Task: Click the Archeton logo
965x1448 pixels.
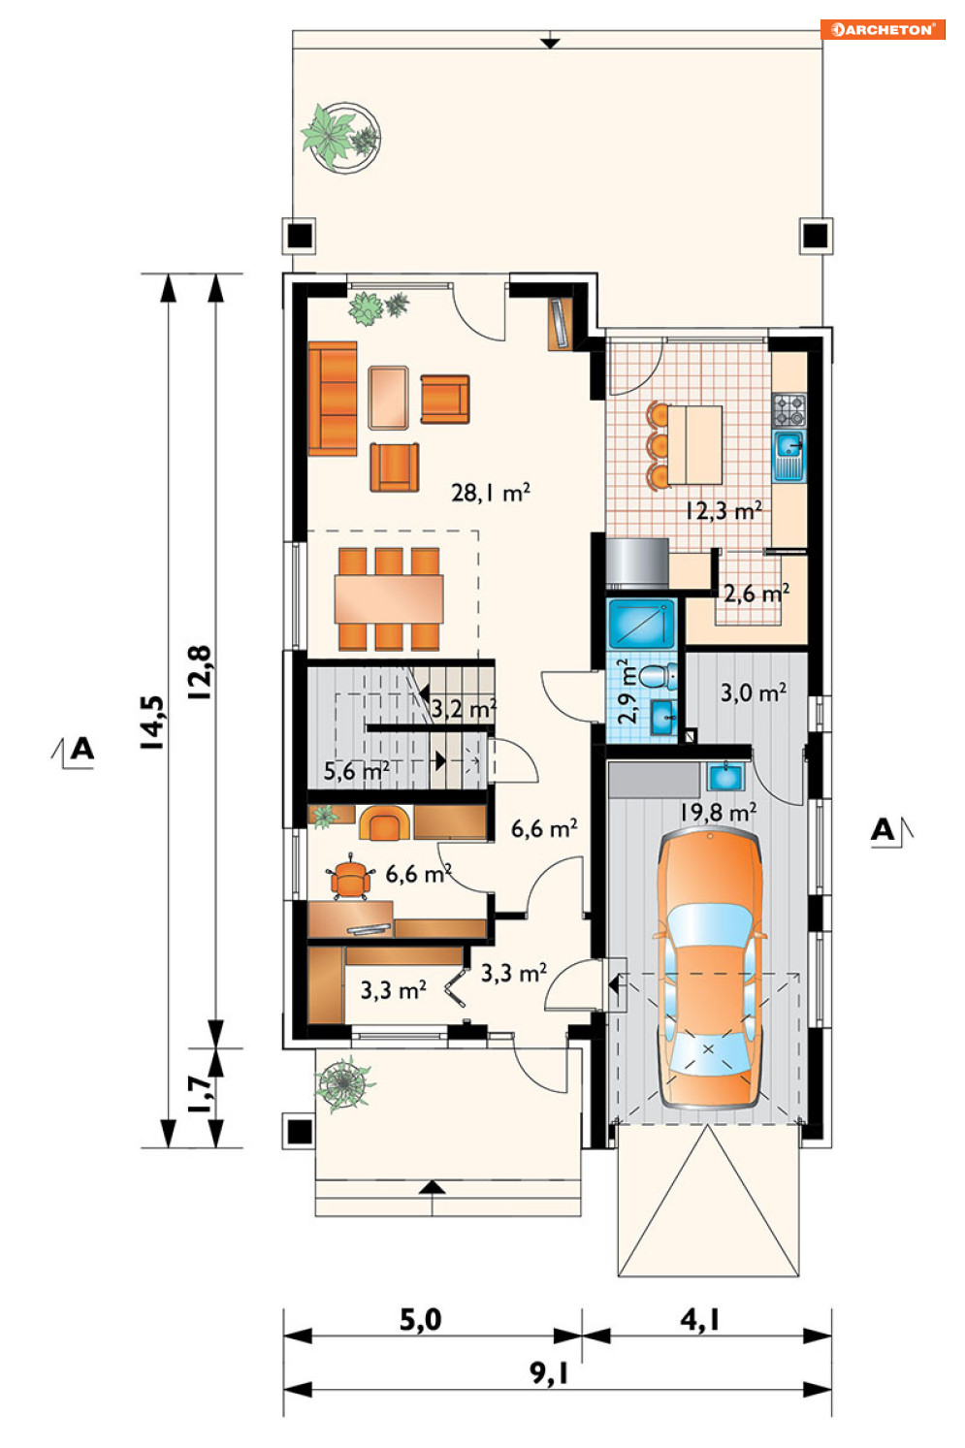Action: click(883, 30)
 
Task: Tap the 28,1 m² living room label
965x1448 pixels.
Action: click(491, 493)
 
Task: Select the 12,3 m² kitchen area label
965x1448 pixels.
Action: click(724, 511)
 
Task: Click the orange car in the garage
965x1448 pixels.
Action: click(709, 970)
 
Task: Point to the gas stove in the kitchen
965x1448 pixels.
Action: click(789, 410)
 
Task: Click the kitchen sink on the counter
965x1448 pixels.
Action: click(789, 457)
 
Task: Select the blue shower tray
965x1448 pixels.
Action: click(642, 625)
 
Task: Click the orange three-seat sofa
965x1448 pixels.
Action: click(333, 399)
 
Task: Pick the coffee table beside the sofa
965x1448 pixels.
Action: click(389, 398)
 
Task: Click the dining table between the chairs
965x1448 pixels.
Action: click(389, 599)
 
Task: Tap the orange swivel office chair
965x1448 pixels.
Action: click(350, 877)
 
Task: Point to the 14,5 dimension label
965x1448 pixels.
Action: click(152, 723)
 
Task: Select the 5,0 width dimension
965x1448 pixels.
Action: click(420, 1320)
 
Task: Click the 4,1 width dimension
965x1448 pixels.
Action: click(699, 1320)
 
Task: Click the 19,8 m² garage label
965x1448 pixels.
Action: click(718, 812)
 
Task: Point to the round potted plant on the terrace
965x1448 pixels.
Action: click(340, 137)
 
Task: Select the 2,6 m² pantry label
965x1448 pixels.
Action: click(756, 593)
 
